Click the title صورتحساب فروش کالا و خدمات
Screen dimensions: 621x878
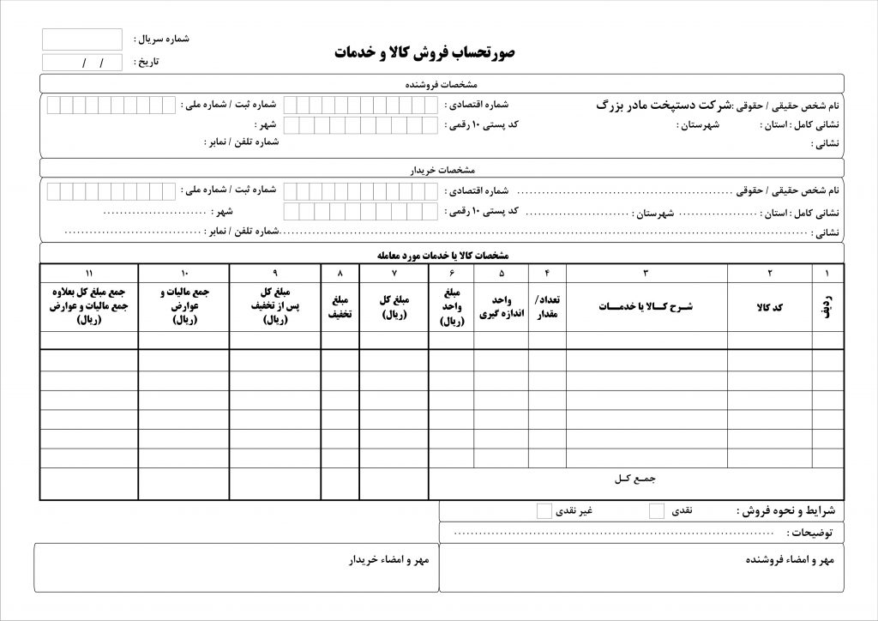click(x=424, y=52)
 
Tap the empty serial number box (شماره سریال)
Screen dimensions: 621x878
click(x=82, y=39)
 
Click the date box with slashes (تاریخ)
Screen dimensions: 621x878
click(x=82, y=63)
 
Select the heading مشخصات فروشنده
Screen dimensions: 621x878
click(x=442, y=84)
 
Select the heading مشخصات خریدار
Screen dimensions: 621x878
click(x=442, y=169)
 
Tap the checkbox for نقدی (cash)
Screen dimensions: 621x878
click(x=657, y=511)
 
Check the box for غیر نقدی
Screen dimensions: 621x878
click(x=544, y=511)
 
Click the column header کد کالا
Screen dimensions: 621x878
click(x=769, y=307)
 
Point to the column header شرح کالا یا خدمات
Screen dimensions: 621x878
click(x=646, y=307)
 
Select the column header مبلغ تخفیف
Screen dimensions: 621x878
click(x=340, y=307)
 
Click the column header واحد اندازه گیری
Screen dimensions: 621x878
click(x=501, y=307)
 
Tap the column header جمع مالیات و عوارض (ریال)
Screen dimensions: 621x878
click(x=183, y=306)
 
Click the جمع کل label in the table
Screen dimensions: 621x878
click(x=634, y=477)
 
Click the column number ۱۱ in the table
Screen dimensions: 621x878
click(x=89, y=273)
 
